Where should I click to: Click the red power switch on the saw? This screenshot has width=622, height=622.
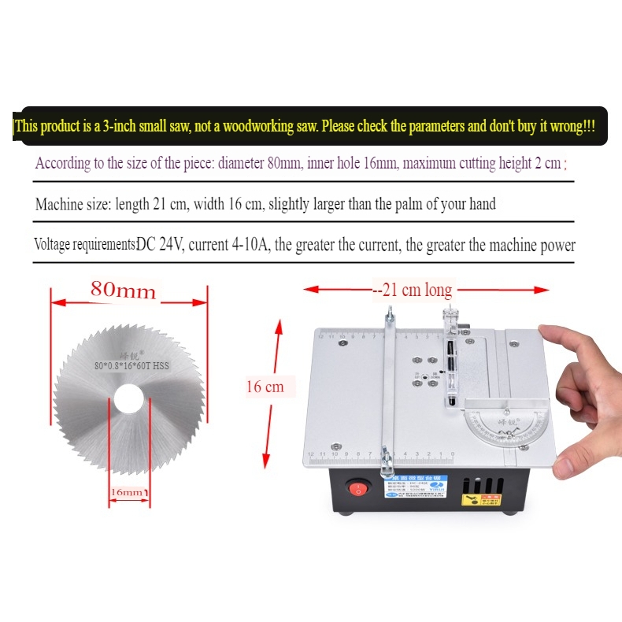359,489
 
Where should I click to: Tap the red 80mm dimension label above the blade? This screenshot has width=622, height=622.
124,291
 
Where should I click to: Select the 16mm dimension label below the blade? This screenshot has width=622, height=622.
127,492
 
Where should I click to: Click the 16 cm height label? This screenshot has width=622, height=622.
265,387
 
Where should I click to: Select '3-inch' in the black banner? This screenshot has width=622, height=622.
121,126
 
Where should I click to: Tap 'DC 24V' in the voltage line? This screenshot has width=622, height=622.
160,245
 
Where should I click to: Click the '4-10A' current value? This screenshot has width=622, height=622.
246,245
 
